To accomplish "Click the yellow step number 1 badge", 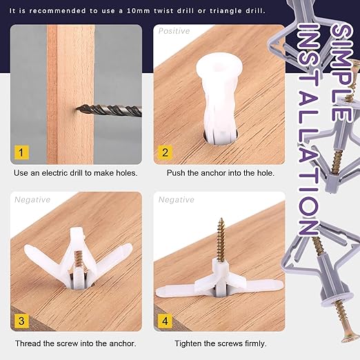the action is (x=21, y=152).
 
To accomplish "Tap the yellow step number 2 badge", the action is (x=165, y=152).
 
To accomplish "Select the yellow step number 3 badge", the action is (x=21, y=321).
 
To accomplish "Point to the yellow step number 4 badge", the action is (x=165, y=321).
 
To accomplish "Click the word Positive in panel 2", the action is (x=174, y=31).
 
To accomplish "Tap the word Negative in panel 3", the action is (x=32, y=200).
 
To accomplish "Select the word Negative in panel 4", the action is (x=177, y=200).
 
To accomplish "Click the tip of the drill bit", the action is (x=77, y=108).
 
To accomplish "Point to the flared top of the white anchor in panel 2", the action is (x=219, y=65).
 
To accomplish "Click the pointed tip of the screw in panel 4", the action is (x=221, y=219).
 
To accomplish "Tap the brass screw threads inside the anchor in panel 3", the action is (x=79, y=258).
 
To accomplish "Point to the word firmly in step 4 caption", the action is (x=256, y=343).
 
